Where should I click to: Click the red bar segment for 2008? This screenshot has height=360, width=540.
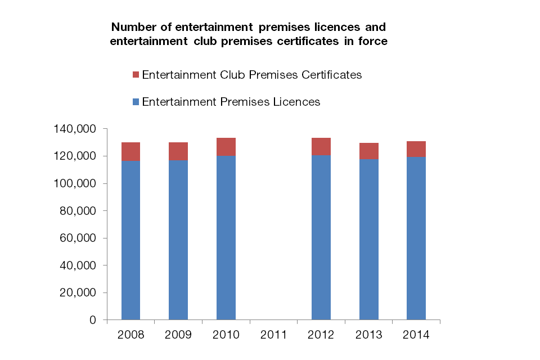coord(130,151)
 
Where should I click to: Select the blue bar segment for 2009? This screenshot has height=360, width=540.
coord(178,240)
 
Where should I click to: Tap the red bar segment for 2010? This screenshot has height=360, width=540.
coord(226,147)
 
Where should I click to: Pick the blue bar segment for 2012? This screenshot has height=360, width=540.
coord(321,237)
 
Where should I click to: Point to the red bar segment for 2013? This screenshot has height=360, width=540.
coord(369,151)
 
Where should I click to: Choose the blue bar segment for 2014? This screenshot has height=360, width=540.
coord(416,238)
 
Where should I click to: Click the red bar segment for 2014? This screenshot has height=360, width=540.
coord(416,149)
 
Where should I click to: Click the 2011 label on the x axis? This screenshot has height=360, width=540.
coord(274,335)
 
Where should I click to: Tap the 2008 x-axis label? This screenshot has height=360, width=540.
coord(130,335)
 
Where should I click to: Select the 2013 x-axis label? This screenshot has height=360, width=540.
coord(369,335)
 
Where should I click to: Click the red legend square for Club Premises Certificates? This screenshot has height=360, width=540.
coord(135,75)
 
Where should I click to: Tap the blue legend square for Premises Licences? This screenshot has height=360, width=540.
coord(135,102)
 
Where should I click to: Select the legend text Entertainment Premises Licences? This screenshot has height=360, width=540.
coord(231,102)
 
